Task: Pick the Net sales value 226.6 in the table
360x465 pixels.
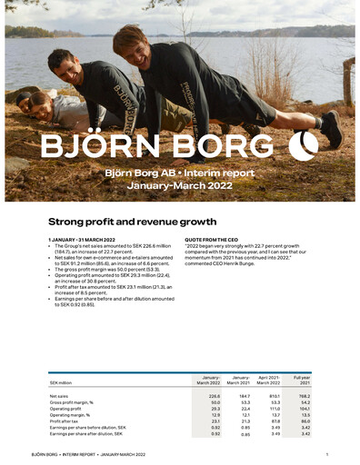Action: tap(215, 396)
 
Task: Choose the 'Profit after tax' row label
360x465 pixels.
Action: tap(64, 421)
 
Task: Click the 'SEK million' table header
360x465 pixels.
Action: tap(61, 382)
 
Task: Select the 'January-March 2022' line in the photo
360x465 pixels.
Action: tap(181, 184)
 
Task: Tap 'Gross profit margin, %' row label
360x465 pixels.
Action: tap(72, 402)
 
